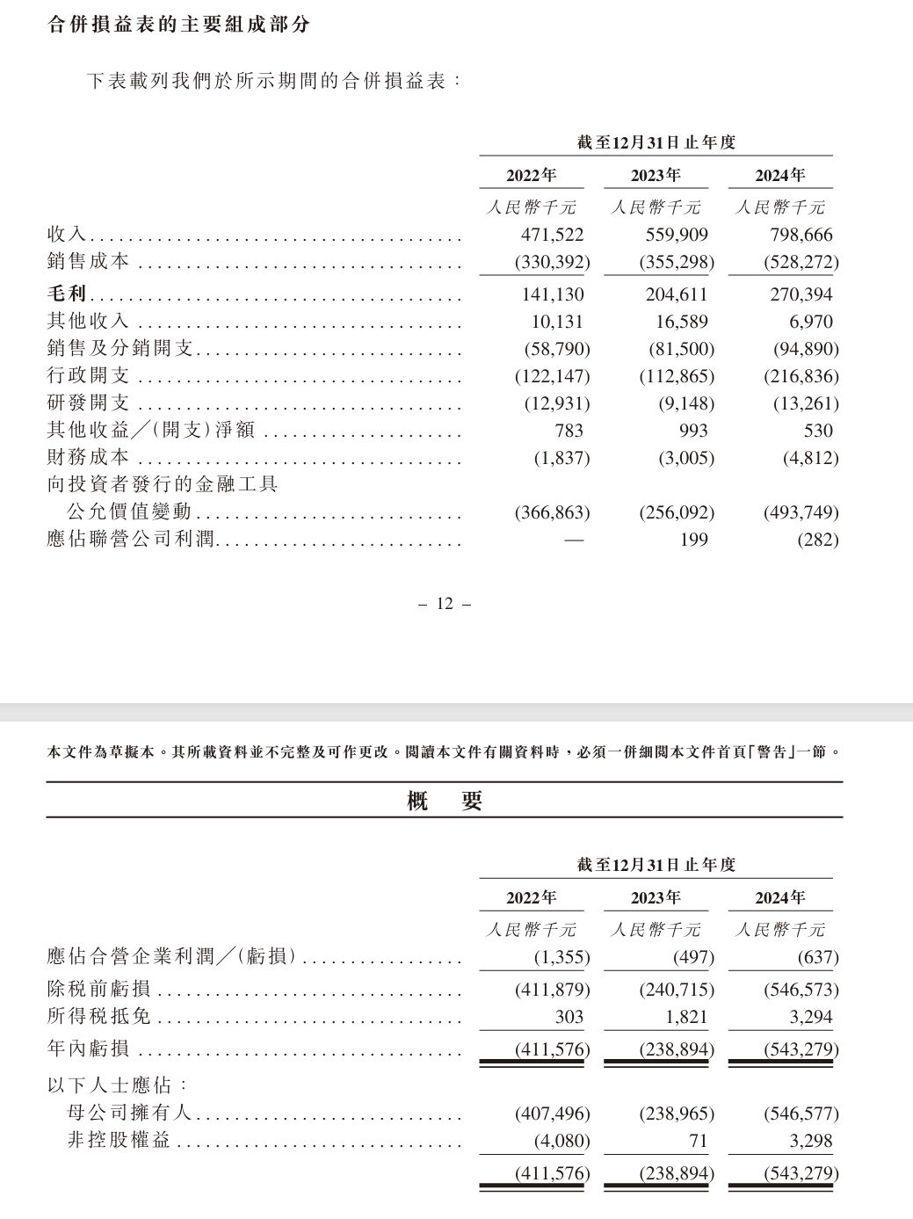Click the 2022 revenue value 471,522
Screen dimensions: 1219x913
click(552, 236)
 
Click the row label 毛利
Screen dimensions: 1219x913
click(66, 294)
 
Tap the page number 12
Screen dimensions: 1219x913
click(444, 604)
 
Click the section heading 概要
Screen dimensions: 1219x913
click(445, 801)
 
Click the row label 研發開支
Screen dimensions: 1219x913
click(88, 403)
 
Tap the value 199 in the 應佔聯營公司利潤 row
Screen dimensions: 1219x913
click(693, 539)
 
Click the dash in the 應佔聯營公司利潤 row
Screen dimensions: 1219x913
click(573, 539)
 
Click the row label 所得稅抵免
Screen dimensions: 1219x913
click(98, 1018)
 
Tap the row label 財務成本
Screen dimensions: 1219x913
click(88, 458)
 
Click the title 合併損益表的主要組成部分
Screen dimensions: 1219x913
click(179, 25)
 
